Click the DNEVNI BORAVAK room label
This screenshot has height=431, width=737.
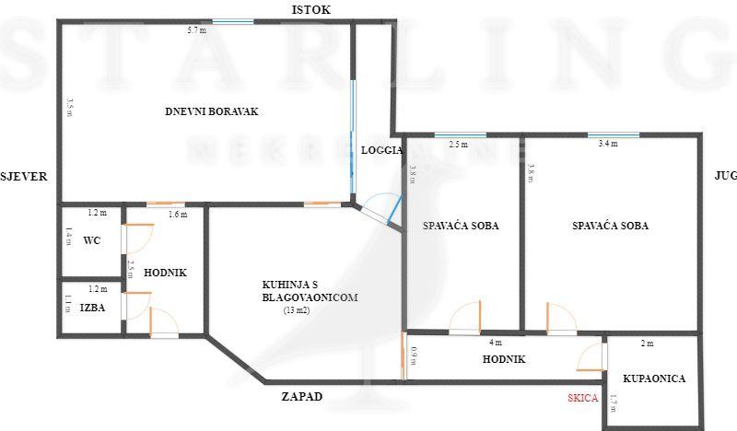212,111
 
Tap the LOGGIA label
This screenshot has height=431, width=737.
381,150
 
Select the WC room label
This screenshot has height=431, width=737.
91,240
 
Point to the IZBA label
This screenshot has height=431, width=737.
91,308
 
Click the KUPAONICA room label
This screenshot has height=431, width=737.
654,379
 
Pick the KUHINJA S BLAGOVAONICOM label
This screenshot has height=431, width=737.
309,292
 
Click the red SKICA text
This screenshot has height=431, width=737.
582,398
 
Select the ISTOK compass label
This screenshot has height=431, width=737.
310,9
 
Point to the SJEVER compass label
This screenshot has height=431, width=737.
24,176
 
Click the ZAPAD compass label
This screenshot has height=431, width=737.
302,397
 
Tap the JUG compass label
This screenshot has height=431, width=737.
725,176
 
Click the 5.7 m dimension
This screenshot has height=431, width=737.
196,30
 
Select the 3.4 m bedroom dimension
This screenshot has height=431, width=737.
607,144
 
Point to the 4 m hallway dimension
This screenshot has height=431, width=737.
495,343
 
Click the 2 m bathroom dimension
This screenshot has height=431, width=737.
647,344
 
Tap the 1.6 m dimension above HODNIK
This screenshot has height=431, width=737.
178,215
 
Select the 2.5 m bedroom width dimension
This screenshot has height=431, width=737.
458,144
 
